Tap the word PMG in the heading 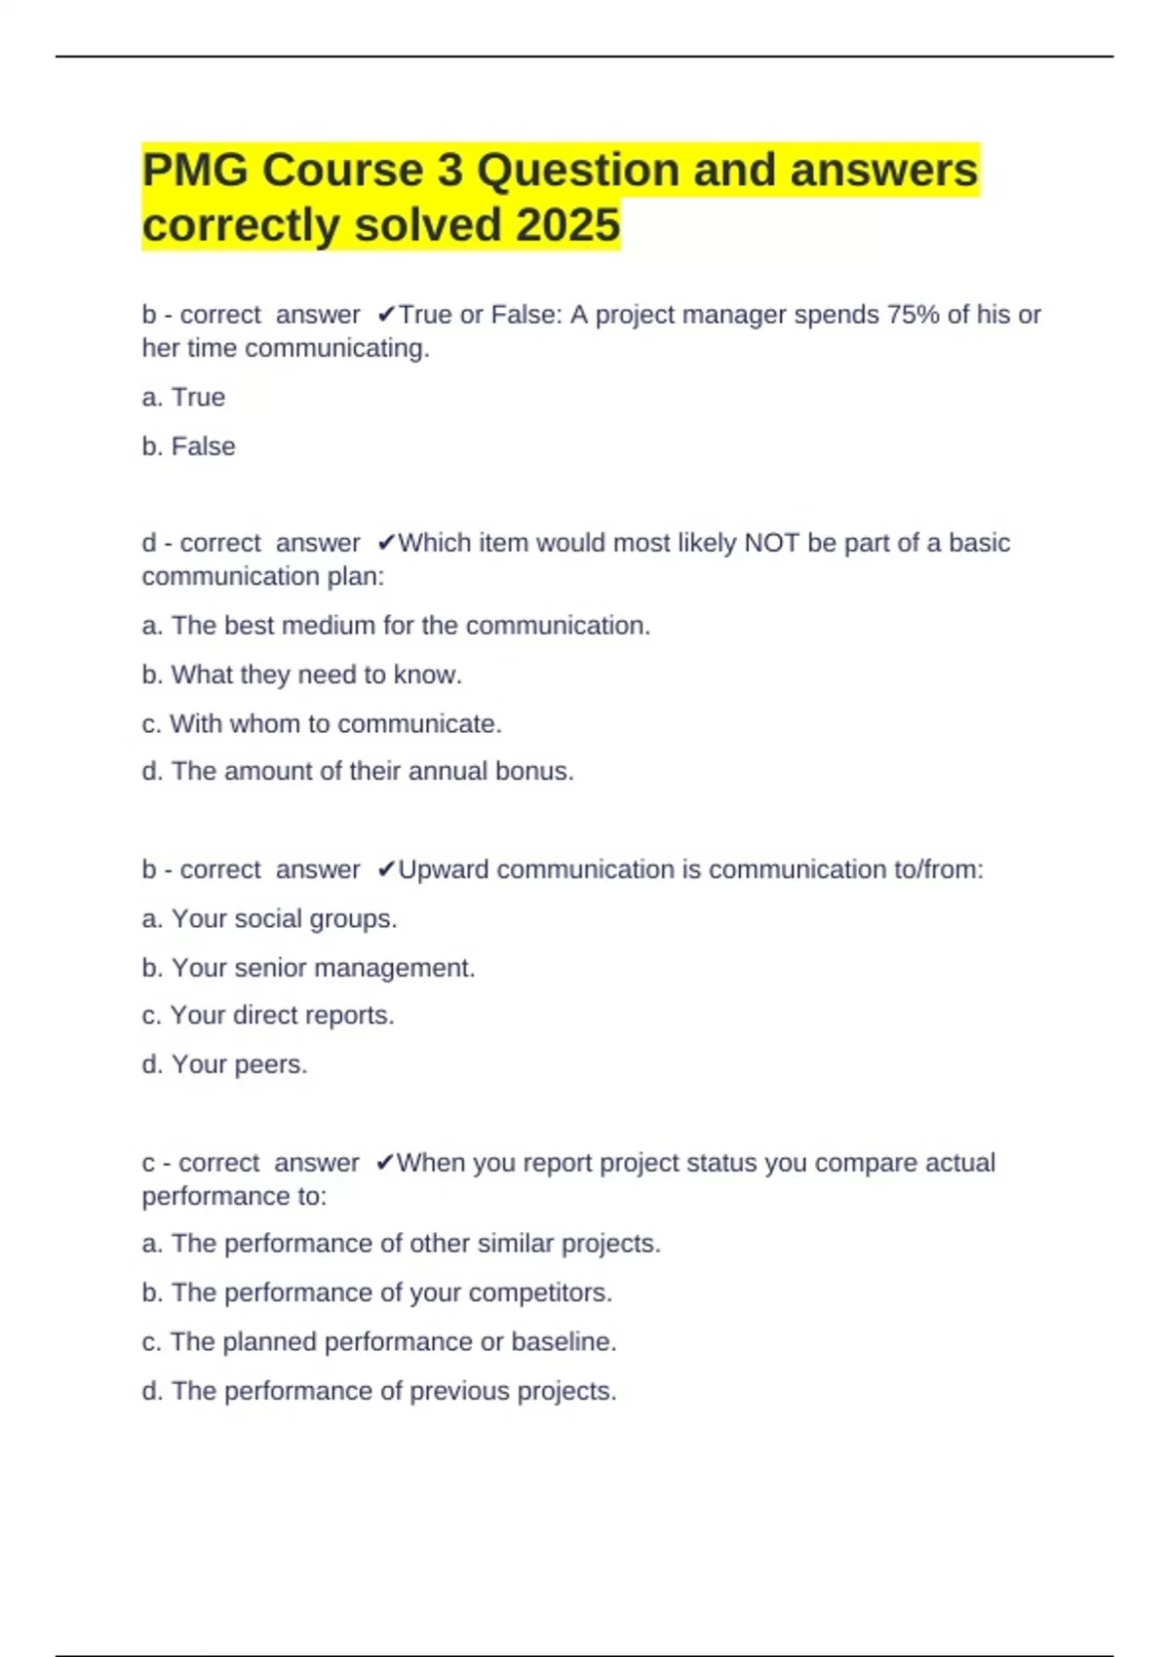(194, 171)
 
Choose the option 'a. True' (183, 398)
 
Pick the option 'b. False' (188, 446)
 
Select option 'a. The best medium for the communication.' (396, 626)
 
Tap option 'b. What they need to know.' (301, 674)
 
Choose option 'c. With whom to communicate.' (322, 724)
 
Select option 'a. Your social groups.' (269, 919)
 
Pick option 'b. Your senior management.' (308, 968)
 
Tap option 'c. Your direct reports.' (268, 1016)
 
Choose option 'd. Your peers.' (224, 1064)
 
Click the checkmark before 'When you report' (384, 1162)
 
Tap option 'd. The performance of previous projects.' (379, 1391)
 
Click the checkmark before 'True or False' (386, 314)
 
